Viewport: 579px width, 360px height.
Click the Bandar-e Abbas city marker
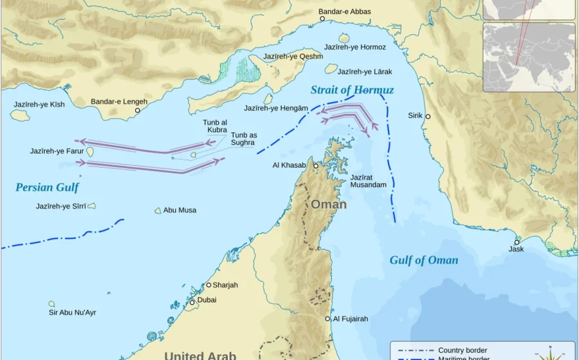(322, 19)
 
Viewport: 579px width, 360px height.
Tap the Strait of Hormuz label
(352, 90)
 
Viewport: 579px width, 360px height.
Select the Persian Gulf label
(47, 188)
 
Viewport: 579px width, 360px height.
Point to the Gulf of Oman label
(423, 260)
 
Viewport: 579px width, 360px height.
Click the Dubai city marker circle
(192, 302)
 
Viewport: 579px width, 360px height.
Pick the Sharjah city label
(225, 285)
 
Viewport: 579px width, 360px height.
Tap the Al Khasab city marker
(316, 166)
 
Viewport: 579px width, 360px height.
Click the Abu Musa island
(158, 210)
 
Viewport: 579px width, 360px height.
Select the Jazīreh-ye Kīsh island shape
(20, 114)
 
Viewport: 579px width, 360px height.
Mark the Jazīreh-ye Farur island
(90, 152)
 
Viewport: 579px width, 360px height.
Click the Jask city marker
(517, 242)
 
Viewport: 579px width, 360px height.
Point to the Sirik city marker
(428, 116)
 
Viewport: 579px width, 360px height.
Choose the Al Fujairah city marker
(327, 318)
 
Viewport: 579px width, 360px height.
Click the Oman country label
(329, 204)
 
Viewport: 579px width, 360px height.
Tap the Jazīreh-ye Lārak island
(331, 68)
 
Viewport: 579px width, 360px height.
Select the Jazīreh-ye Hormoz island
(344, 38)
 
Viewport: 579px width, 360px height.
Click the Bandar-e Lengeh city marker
(137, 111)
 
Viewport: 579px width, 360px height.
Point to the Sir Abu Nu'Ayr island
(51, 304)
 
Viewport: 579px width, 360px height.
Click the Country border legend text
(462, 350)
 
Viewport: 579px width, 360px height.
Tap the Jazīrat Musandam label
(368, 181)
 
